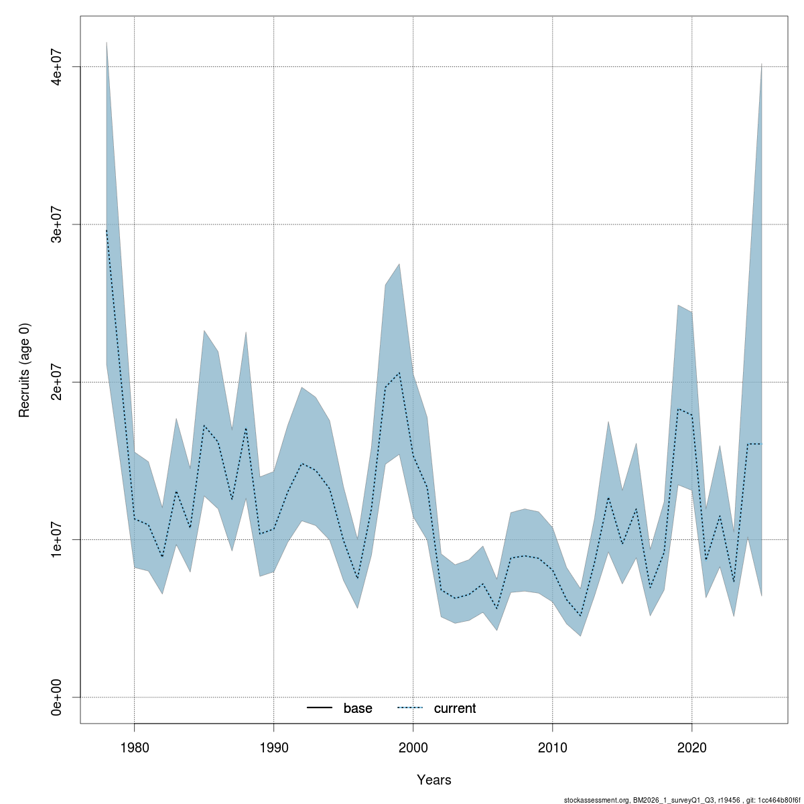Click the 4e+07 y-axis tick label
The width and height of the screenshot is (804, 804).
click(x=58, y=67)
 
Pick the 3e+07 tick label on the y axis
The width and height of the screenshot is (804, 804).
click(x=58, y=224)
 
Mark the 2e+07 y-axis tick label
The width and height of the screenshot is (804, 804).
click(x=58, y=382)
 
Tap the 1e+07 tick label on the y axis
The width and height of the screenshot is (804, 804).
click(x=58, y=539)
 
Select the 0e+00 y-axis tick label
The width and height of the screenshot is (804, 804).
click(x=58, y=697)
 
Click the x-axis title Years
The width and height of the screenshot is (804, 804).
click(x=434, y=780)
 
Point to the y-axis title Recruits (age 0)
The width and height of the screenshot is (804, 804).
click(x=25, y=371)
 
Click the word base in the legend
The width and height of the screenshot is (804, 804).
click(x=358, y=708)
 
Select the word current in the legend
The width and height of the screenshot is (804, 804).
click(x=455, y=708)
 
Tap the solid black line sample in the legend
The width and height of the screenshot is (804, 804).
click(x=320, y=708)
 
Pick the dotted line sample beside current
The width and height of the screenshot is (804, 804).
click(x=411, y=708)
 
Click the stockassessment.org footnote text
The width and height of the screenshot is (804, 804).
click(x=683, y=799)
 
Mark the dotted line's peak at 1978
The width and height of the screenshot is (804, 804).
click(x=107, y=230)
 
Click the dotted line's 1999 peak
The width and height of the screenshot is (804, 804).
click(x=399, y=373)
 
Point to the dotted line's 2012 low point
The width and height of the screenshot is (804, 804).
click(x=580, y=616)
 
